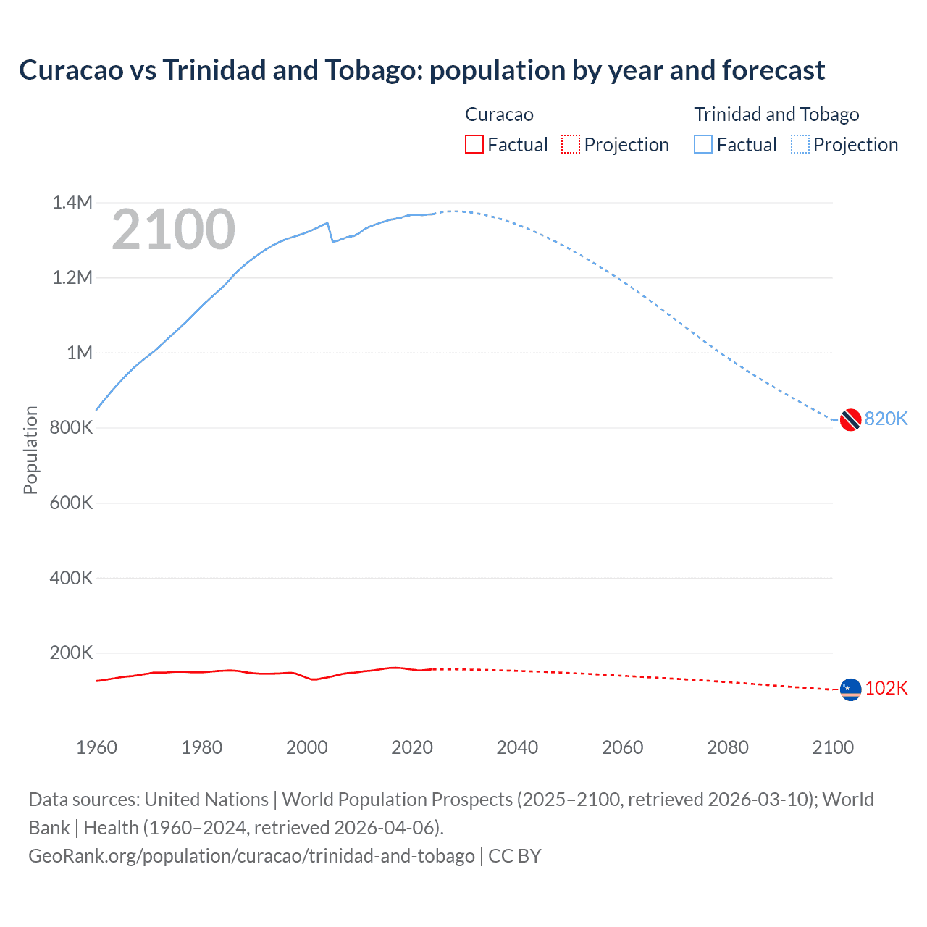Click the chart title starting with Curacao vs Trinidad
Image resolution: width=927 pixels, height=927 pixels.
click(x=421, y=70)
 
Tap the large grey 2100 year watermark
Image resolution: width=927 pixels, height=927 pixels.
click(x=173, y=230)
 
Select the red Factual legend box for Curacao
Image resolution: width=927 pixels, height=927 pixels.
click(x=474, y=144)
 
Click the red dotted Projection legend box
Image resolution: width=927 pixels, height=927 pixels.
click(x=571, y=144)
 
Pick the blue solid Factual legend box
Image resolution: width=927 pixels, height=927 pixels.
click(x=703, y=144)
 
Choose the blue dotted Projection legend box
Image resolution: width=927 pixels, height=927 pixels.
click(x=800, y=144)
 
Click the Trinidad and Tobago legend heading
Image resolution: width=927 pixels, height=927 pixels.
click(x=776, y=114)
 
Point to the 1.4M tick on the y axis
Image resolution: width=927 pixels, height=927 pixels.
click(x=72, y=202)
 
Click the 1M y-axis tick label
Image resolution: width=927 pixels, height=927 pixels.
click(x=80, y=353)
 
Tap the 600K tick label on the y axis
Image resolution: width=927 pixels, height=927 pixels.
click(x=71, y=503)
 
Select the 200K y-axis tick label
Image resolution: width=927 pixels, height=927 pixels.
click(x=71, y=653)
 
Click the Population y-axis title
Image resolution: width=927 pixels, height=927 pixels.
click(x=30, y=450)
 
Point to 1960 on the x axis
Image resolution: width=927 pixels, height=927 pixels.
click(x=96, y=747)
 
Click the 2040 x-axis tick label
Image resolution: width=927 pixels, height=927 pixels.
click(x=517, y=747)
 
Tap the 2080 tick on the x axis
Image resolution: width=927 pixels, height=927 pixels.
click(x=727, y=747)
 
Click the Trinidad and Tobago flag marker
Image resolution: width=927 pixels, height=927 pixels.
click(x=850, y=419)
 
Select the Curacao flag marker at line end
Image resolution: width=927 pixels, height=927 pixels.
click(x=850, y=689)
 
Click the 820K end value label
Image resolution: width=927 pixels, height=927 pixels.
click(x=886, y=419)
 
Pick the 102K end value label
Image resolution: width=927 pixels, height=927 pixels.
click(x=886, y=688)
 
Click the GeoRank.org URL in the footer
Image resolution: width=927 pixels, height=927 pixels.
click(x=251, y=855)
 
